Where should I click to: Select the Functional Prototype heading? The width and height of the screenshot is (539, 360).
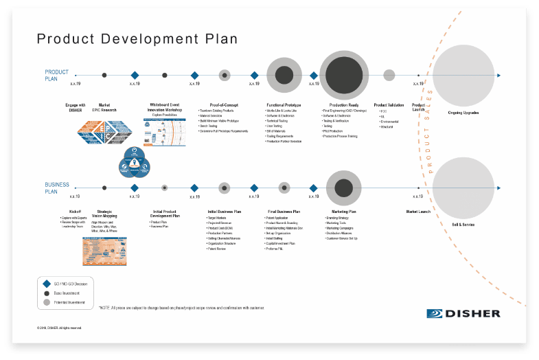click(284, 105)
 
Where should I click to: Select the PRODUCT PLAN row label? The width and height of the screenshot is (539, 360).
click(57, 74)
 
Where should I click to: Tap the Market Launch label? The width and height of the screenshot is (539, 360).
click(418, 212)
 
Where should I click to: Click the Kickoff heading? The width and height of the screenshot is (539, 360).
click(76, 212)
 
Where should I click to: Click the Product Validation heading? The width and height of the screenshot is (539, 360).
click(389, 105)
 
